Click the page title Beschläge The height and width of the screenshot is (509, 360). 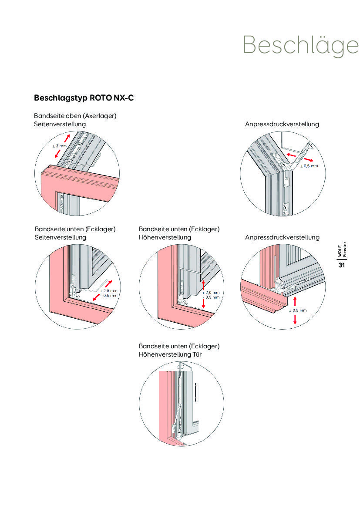tap(300, 44)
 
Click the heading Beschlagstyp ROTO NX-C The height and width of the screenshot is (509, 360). tap(84, 98)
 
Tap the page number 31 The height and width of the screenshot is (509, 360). tap(342, 265)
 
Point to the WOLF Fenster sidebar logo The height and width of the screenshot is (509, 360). tap(342, 251)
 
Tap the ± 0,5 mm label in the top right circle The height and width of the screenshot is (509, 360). tap(309, 166)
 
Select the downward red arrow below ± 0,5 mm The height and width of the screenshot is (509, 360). tap(295, 319)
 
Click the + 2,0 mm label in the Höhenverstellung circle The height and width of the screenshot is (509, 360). tap(211, 293)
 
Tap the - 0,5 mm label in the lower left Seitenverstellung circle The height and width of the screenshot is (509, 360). tap(108, 295)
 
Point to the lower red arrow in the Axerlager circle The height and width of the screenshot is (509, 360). tap(57, 154)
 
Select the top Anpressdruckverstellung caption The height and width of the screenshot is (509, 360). tap(282, 124)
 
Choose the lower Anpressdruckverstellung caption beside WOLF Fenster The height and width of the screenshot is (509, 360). tap(282, 237)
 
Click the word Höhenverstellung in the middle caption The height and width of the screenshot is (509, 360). tap(165, 237)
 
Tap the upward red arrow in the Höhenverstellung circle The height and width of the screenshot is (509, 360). tap(203, 285)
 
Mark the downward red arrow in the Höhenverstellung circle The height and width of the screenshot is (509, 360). tap(203, 303)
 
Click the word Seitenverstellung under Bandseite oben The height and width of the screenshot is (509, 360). tap(60, 124)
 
